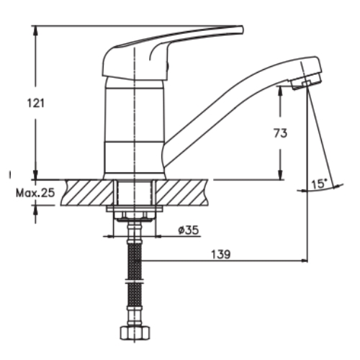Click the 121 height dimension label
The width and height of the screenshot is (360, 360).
35,103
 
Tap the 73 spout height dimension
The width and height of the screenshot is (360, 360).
280,133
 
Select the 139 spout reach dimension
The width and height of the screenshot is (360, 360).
221,254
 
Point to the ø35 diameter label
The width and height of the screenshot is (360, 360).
189,230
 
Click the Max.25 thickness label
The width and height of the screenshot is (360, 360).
35,193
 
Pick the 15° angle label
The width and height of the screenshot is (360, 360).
319,184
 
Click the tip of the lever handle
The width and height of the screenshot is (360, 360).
242,30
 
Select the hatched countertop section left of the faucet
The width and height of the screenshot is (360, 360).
87,192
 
